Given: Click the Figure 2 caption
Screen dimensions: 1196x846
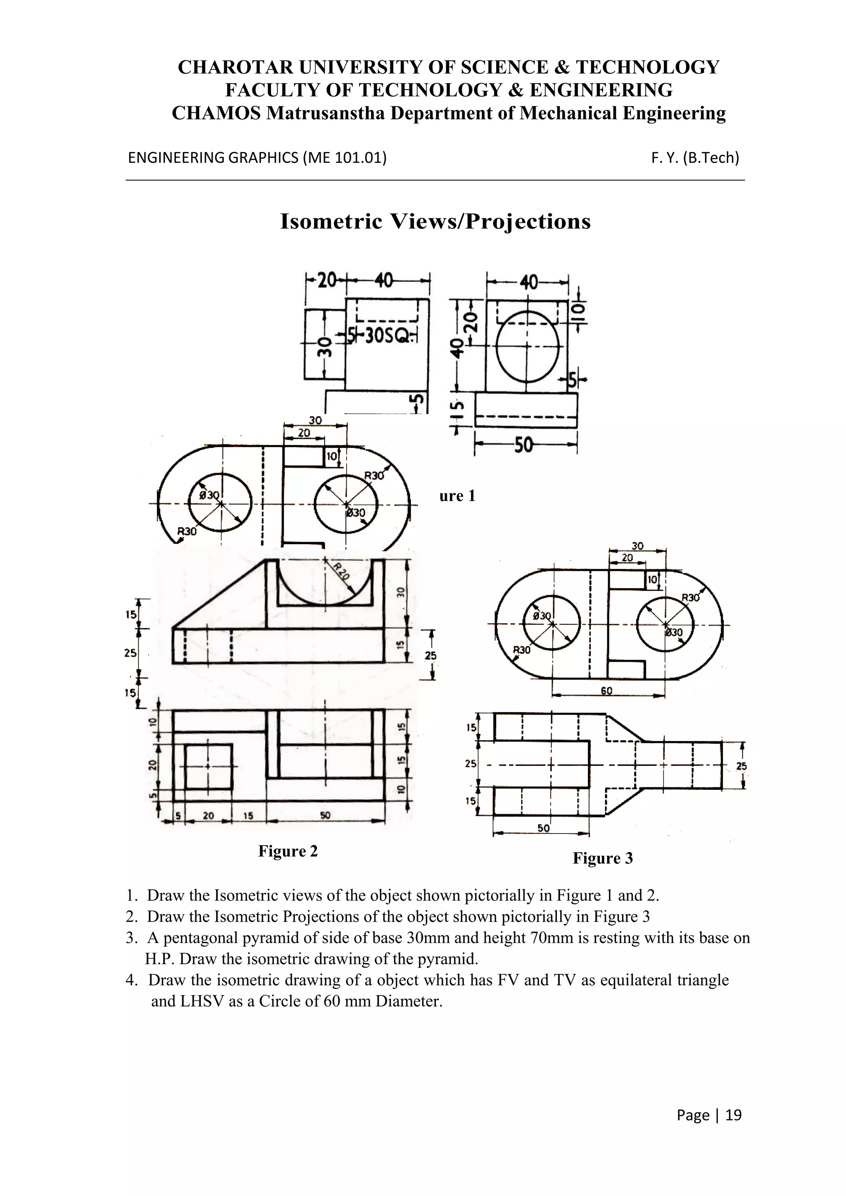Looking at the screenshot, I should click(x=288, y=851).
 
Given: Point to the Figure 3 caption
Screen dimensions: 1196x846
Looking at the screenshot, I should click(x=603, y=858).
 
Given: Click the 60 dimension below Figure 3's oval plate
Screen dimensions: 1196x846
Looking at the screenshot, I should click(x=606, y=691).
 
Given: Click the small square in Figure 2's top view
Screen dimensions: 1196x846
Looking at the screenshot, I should click(x=208, y=767).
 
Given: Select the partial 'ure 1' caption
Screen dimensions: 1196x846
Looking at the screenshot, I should click(x=457, y=496).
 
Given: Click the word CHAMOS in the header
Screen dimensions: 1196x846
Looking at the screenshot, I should click(x=217, y=113).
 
